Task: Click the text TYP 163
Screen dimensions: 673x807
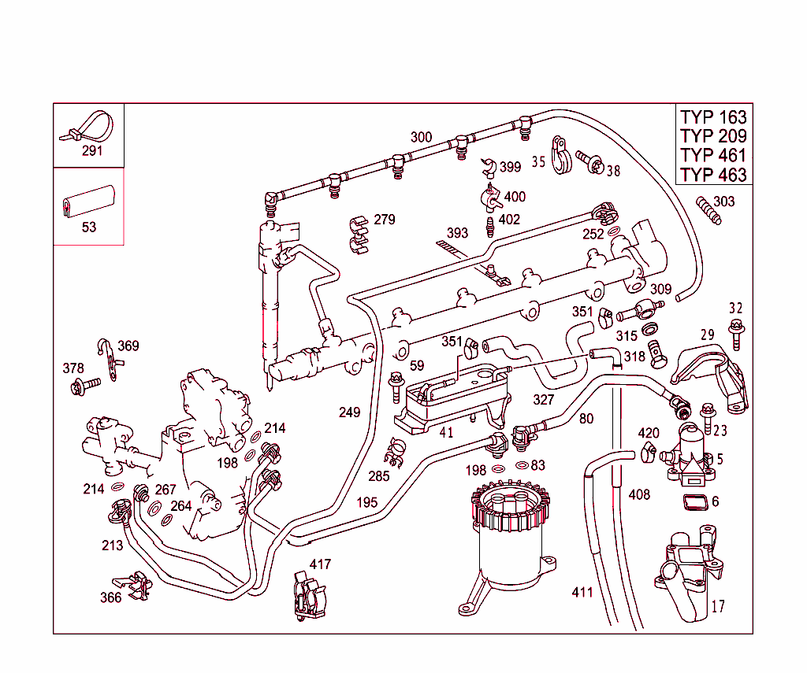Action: [x=713, y=116]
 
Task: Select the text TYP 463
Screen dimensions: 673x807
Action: [x=713, y=175]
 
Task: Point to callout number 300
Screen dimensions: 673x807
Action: [x=421, y=137]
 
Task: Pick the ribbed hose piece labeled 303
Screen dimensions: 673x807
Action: [x=708, y=212]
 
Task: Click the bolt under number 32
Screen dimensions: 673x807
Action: [x=736, y=334]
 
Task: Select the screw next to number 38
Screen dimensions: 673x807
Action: [x=591, y=162]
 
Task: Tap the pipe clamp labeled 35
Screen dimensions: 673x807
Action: [x=561, y=156]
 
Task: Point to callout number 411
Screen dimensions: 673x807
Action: [x=582, y=592]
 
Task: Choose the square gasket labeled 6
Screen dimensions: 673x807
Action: [x=694, y=503]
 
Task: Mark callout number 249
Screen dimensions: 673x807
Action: [x=349, y=412]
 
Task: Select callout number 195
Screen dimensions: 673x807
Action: [x=366, y=502]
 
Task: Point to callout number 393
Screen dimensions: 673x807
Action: [x=457, y=233]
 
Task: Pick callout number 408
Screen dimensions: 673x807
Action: [x=639, y=494]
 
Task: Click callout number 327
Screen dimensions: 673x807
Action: [x=543, y=399]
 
